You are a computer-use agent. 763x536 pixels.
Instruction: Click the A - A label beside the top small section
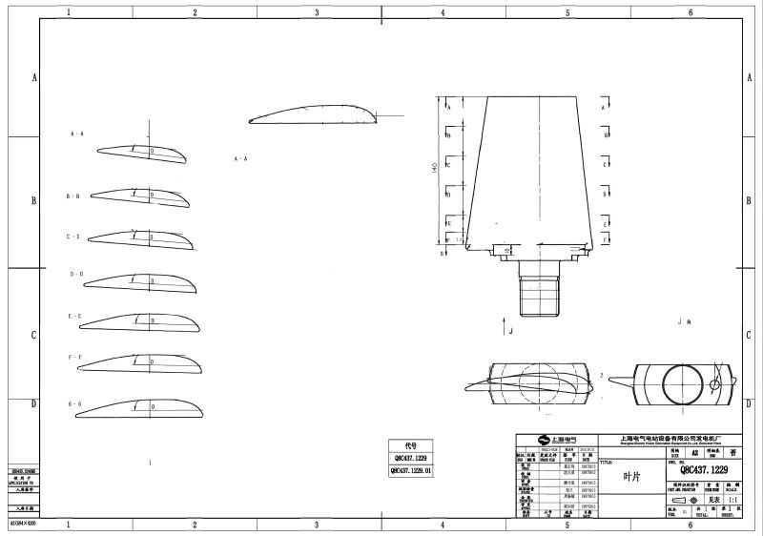77,134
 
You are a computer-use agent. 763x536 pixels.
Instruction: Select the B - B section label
73,196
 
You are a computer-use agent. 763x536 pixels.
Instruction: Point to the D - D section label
76,274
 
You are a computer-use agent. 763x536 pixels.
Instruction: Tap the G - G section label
74,404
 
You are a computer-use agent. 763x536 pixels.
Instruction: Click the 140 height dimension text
435,167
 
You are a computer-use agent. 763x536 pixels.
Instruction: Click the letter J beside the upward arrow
511,332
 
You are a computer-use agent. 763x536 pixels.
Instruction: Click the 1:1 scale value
732,498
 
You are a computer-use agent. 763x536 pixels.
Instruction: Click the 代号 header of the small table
411,444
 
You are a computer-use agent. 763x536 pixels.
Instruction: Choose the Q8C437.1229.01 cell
411,470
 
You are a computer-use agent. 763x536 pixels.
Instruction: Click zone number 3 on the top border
318,12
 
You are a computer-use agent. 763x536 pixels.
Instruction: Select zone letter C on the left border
35,335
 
